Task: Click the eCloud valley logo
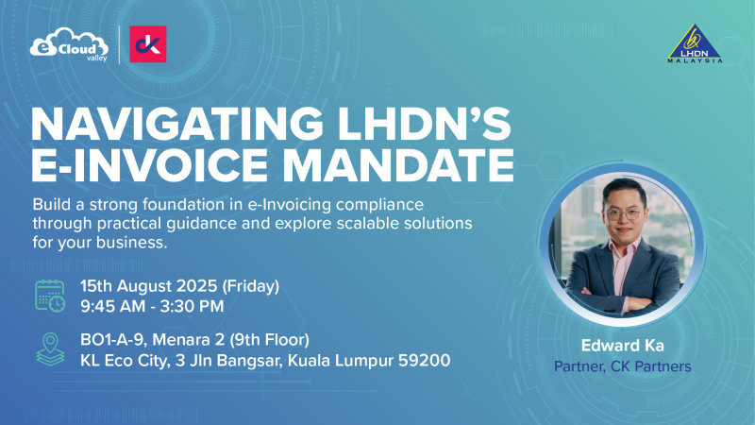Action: [70, 45]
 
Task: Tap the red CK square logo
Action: [147, 44]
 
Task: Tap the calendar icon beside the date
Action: [50, 295]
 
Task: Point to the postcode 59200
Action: [426, 360]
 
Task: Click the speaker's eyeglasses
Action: [624, 213]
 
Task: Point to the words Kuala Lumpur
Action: [345, 360]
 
